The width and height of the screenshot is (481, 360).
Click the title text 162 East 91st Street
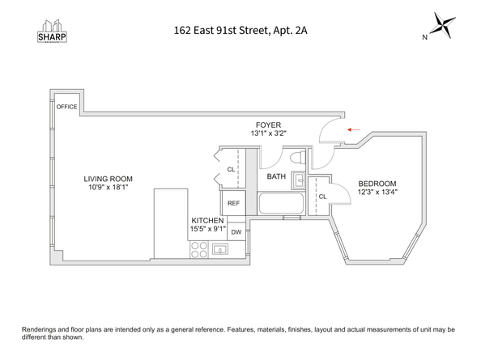[240, 32]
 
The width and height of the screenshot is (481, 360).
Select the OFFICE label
[66, 106]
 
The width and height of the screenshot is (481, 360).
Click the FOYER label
[268, 125]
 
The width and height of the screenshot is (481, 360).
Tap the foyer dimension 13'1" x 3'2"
[268, 133]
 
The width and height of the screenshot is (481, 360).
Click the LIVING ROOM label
[108, 179]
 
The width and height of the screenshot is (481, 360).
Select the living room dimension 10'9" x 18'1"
[108, 188]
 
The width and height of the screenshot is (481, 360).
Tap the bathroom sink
[298, 180]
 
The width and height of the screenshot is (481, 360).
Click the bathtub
[281, 204]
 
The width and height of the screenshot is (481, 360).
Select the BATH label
[276, 176]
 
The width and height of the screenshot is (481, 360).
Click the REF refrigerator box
[233, 203]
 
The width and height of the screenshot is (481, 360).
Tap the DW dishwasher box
[236, 232]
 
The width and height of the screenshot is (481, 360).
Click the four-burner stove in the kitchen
[199, 249]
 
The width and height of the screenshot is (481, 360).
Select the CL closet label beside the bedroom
[321, 197]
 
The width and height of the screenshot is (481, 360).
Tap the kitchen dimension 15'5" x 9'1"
[208, 229]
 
